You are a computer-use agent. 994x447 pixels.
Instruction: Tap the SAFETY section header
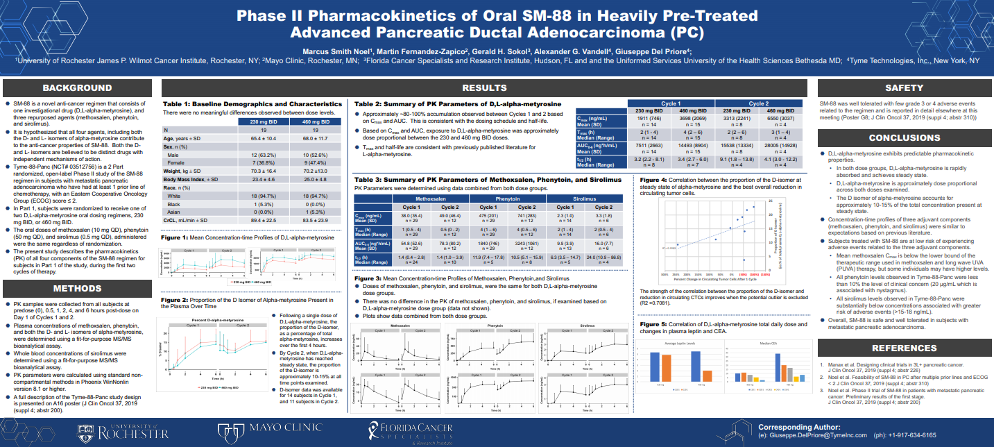click(x=904, y=88)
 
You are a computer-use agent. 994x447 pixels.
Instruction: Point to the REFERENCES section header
click(x=904, y=348)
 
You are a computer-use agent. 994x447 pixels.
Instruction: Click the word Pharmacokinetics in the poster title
click(x=369, y=16)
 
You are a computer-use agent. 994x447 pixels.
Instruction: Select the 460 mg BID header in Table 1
click(x=316, y=121)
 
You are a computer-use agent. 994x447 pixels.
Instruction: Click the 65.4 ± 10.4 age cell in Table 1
click(x=263, y=138)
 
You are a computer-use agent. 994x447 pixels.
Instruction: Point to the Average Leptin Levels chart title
click(x=682, y=343)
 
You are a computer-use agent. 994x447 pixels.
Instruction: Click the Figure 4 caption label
click(x=653, y=179)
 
